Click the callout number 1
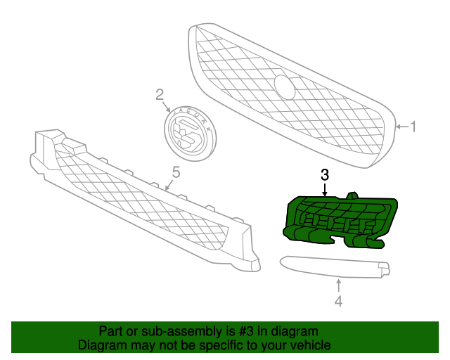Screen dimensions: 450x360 coord(413,127)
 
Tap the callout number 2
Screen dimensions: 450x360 coord(160,95)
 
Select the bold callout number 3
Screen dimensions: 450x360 coord(325,175)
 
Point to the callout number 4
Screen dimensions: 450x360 coord(339,301)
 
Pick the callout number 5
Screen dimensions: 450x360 coord(176,172)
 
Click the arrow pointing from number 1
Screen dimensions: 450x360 coord(402,127)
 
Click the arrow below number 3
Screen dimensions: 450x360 coord(325,189)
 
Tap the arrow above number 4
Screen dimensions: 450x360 coord(339,285)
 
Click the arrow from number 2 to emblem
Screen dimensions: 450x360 coord(167,106)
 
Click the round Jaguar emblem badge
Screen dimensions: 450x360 coord(190,133)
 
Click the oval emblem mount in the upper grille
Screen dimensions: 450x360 coord(284,87)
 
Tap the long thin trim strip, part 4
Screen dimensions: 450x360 coord(335,267)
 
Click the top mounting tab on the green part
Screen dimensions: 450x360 coord(352,195)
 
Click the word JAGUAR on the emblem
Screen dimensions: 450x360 coord(194,115)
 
